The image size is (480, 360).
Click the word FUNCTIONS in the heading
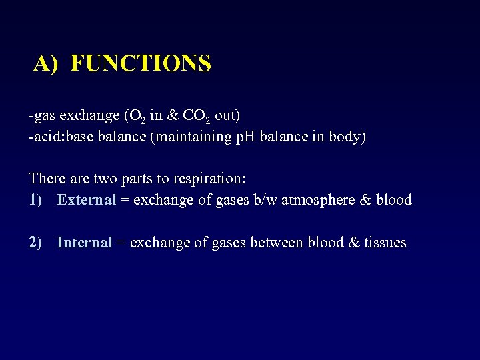[141, 63]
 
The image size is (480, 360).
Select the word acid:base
[58, 137]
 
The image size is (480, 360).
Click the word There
[46, 179]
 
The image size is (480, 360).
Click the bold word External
[87, 200]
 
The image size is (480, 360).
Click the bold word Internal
[84, 243]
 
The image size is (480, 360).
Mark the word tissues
[385, 243]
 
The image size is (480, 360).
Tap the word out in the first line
[227, 116]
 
